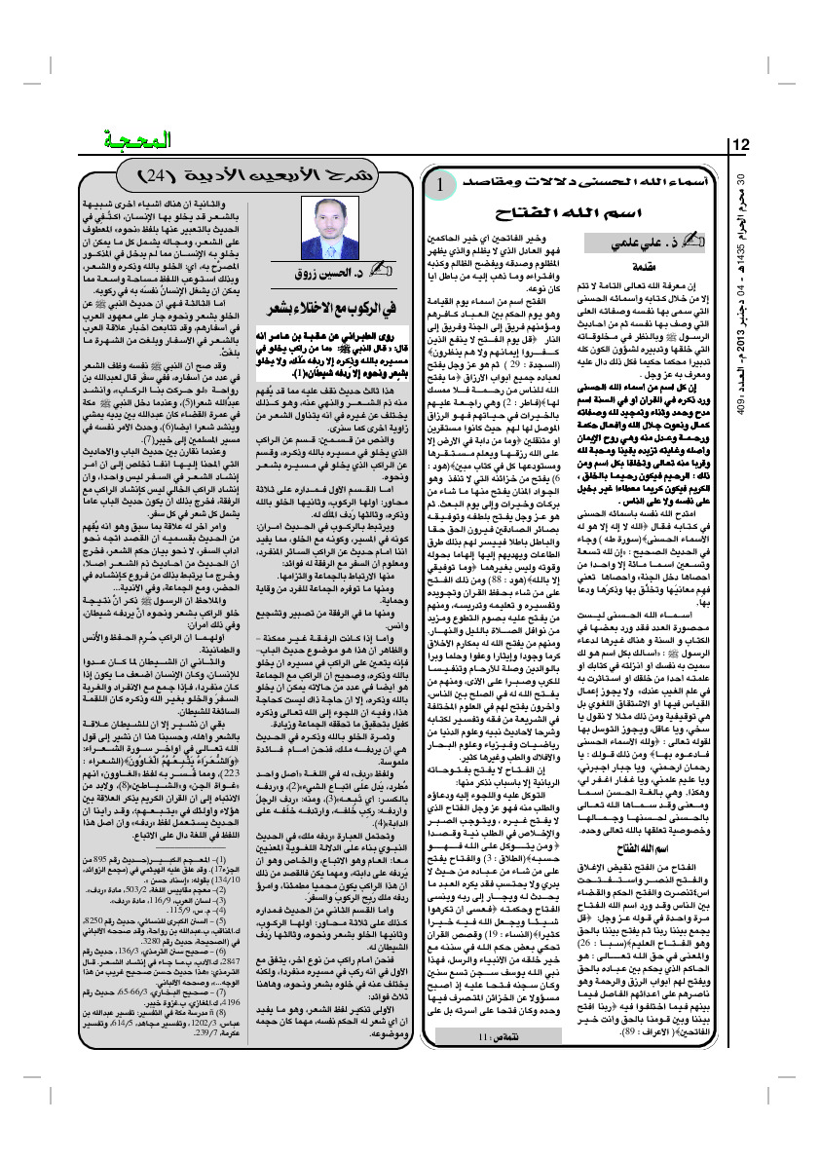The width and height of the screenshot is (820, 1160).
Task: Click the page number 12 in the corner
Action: [741, 146]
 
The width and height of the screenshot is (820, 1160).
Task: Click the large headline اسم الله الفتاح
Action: [566, 212]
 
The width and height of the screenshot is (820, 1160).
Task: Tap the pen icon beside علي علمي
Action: [695, 238]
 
